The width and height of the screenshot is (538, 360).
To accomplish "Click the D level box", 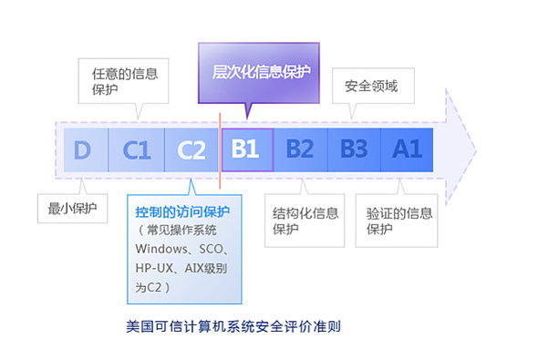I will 82,149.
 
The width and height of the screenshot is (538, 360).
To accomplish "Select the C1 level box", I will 137,149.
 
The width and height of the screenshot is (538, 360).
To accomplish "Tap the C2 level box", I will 191,149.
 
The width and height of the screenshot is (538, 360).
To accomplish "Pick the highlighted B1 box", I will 246,149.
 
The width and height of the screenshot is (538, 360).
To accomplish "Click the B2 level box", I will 300,149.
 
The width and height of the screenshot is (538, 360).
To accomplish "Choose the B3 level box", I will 354,149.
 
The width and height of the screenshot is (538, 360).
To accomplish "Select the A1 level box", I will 407,149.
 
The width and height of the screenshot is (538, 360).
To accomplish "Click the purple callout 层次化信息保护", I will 259,70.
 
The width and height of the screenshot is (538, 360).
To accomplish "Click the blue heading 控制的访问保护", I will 182,211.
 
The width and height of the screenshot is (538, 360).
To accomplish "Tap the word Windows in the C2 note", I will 160,248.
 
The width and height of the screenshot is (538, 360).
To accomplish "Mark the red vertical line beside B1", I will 220,146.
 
